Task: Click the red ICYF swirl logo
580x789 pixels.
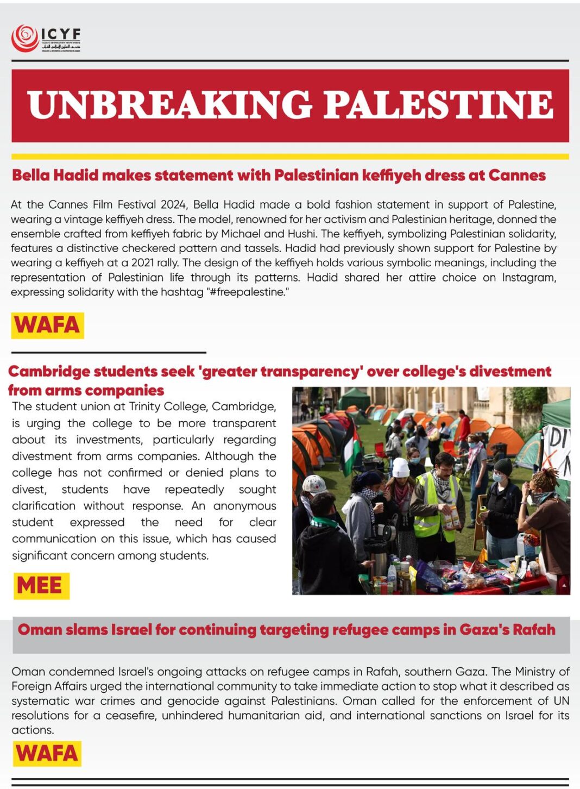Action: (x=24, y=38)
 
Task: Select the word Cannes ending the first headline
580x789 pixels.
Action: (x=516, y=176)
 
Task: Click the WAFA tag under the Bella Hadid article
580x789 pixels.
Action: (x=47, y=325)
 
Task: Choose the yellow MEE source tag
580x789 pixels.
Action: (x=40, y=586)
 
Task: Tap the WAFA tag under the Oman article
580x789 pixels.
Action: (x=47, y=753)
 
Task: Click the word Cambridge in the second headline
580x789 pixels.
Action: (x=49, y=372)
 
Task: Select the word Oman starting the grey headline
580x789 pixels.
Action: (x=40, y=630)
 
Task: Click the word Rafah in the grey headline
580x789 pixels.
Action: (x=534, y=630)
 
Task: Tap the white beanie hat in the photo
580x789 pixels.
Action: (x=401, y=467)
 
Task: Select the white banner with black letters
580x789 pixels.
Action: (x=557, y=451)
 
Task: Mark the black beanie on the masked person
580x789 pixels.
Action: (x=503, y=466)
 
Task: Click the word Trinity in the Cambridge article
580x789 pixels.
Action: (x=147, y=406)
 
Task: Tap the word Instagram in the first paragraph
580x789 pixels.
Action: (x=528, y=278)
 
